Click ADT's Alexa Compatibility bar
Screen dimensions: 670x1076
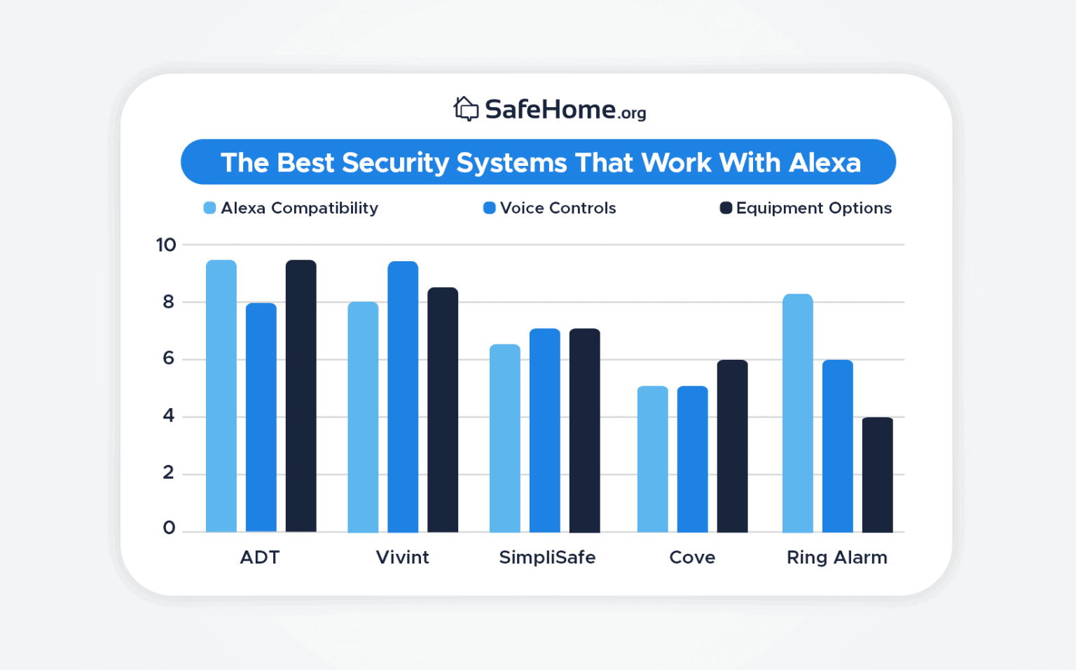(221, 396)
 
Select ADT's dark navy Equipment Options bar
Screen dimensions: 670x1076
(301, 396)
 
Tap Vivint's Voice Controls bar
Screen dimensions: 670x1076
(403, 396)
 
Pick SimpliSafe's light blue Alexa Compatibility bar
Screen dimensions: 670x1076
(505, 438)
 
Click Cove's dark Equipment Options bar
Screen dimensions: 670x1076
(732, 446)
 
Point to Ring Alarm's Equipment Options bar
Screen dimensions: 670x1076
(877, 475)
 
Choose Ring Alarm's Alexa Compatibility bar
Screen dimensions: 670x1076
(797, 413)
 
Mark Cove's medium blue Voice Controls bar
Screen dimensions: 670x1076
(692, 459)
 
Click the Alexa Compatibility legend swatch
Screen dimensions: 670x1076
(209, 208)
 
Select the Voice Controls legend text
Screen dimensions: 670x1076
(558, 208)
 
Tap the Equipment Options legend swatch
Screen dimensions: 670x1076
(726, 208)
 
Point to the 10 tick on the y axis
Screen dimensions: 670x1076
(166, 245)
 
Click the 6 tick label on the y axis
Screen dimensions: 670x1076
(168, 358)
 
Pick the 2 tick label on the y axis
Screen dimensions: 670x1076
(168, 473)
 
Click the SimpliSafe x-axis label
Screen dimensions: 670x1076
(547, 557)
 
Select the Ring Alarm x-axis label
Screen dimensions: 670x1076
(836, 557)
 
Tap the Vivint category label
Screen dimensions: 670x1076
(402, 557)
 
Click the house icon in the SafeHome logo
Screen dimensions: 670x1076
(466, 109)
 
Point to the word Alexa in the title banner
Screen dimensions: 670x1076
(825, 162)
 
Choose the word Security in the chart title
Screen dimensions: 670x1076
(395, 162)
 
